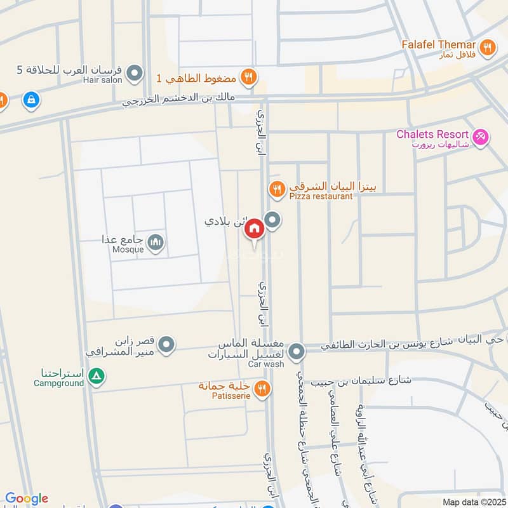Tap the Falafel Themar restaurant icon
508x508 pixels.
[487, 46]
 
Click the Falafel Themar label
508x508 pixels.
[438, 45]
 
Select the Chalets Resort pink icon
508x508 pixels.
[481, 135]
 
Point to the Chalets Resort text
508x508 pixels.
[432, 135]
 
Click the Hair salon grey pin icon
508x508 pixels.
[134, 74]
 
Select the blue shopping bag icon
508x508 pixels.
[30, 100]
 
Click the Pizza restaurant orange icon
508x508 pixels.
[276, 188]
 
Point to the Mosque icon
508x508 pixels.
[156, 241]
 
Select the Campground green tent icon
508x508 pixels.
[96, 377]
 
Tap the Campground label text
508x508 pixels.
[59, 384]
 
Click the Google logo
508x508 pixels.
[26, 498]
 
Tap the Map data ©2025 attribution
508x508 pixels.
[473, 502]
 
